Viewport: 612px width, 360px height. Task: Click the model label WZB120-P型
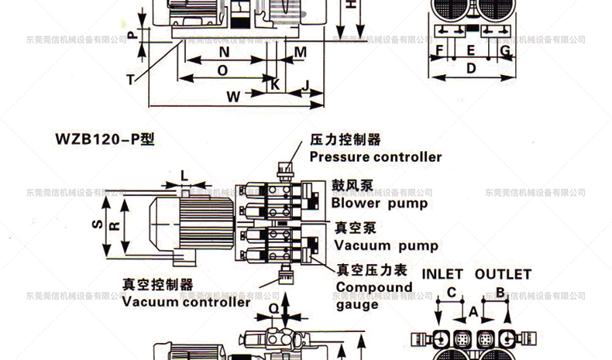tap(105, 141)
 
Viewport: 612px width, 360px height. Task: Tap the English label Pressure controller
tap(376, 157)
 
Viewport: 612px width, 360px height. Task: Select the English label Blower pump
tap(380, 204)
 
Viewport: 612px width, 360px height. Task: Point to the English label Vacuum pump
tap(386, 246)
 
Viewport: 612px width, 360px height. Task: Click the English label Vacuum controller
tap(186, 302)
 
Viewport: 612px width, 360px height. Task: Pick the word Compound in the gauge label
tap(374, 287)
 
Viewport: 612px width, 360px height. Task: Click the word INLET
tap(442, 275)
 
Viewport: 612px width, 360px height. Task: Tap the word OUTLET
tap(503, 275)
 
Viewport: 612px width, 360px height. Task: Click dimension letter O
tap(222, 70)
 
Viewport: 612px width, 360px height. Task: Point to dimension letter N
tap(224, 52)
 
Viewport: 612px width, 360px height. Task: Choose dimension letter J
tap(307, 84)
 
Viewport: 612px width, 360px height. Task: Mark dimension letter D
tap(470, 68)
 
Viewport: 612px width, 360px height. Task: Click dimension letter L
tap(184, 175)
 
